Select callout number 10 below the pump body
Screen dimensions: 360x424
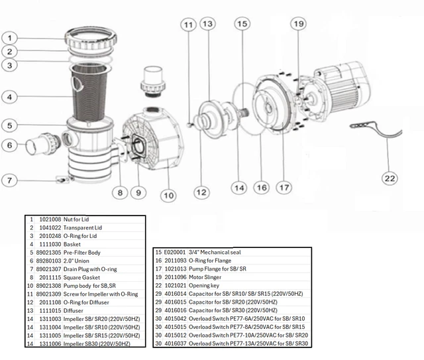(x=168, y=195)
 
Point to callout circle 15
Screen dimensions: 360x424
(x=241, y=24)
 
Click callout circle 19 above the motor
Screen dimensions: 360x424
(x=298, y=24)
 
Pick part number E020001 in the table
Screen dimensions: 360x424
(x=176, y=253)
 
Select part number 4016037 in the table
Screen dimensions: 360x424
(x=177, y=343)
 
